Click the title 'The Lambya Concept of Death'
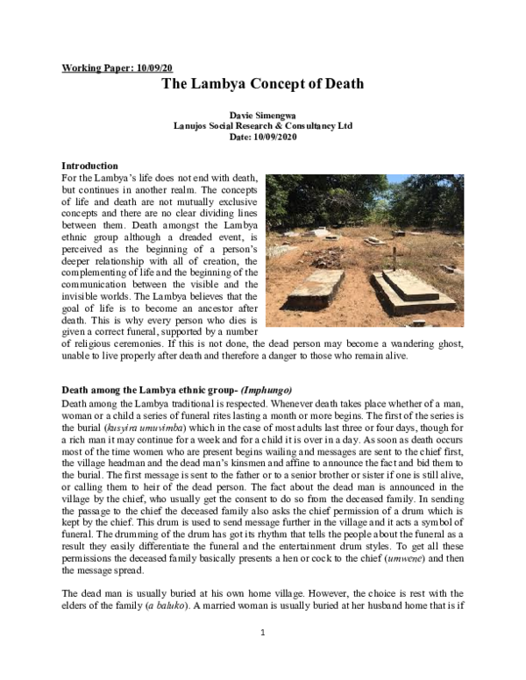click(x=262, y=85)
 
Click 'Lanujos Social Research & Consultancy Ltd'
click(x=263, y=126)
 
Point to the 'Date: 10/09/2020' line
click(x=263, y=138)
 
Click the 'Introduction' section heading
click(x=89, y=166)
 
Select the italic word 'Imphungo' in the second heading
click(x=266, y=388)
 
